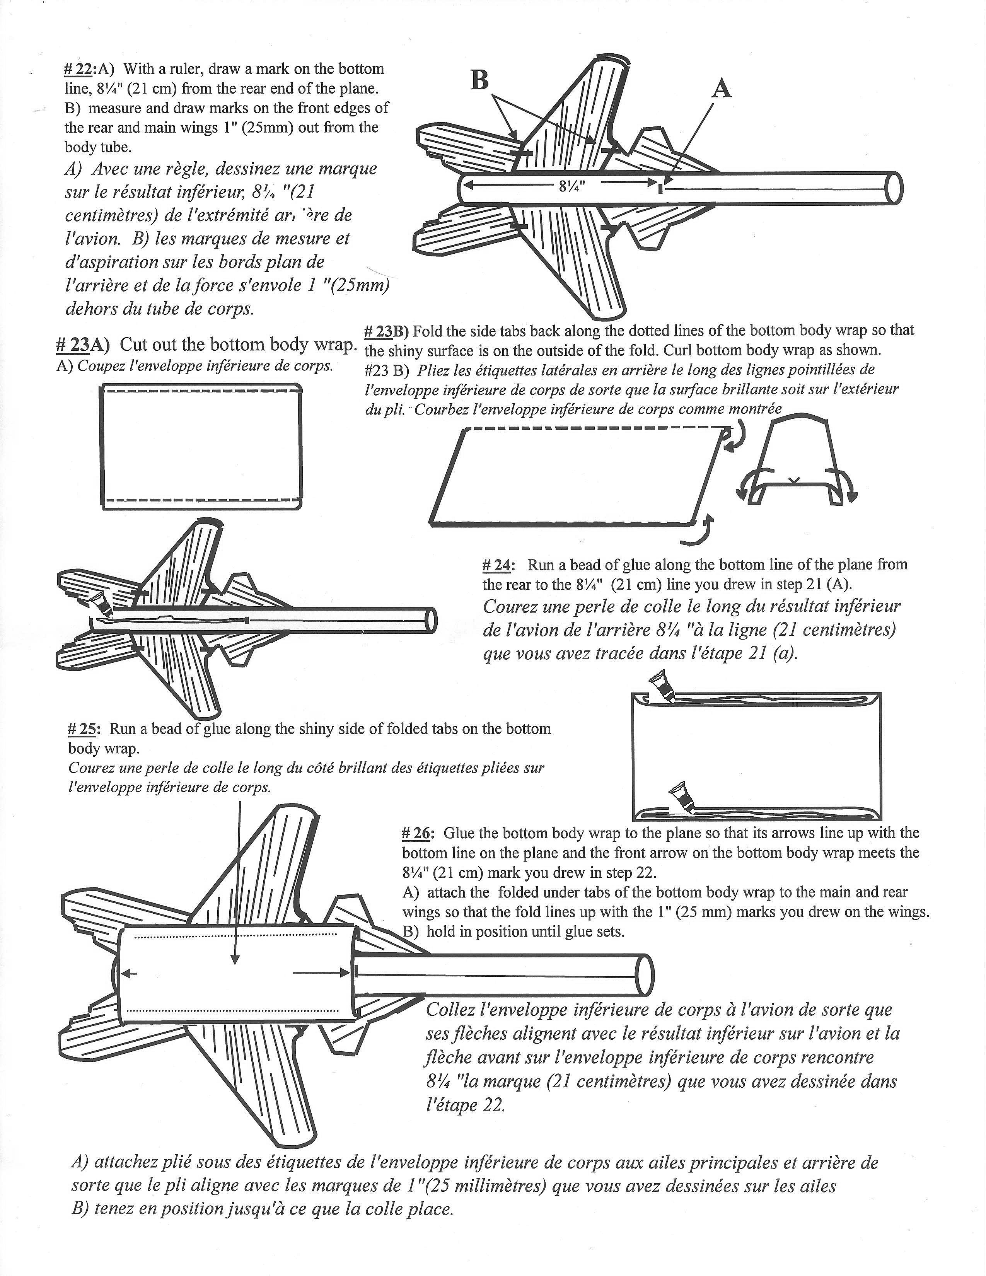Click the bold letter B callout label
(479, 80)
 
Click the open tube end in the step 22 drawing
(894, 188)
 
